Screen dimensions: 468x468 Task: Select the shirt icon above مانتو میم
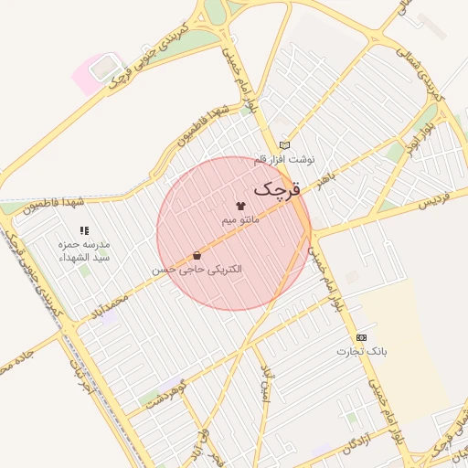tap(241, 207)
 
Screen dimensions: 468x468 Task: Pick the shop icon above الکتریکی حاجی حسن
tap(197, 257)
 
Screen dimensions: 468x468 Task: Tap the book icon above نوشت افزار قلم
tap(284, 145)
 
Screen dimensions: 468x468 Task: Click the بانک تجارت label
tap(362, 351)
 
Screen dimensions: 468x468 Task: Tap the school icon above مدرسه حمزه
tap(84, 231)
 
